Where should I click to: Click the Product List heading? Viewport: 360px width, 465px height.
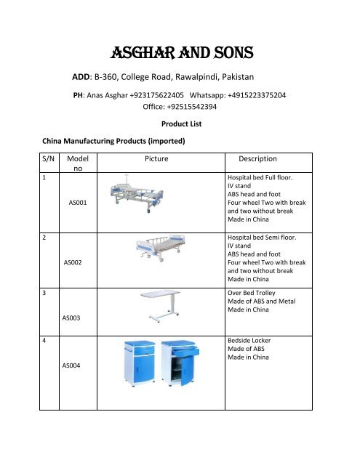pyautogui.click(x=180, y=125)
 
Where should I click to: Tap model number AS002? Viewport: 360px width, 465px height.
pyautogui.click(x=76, y=262)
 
